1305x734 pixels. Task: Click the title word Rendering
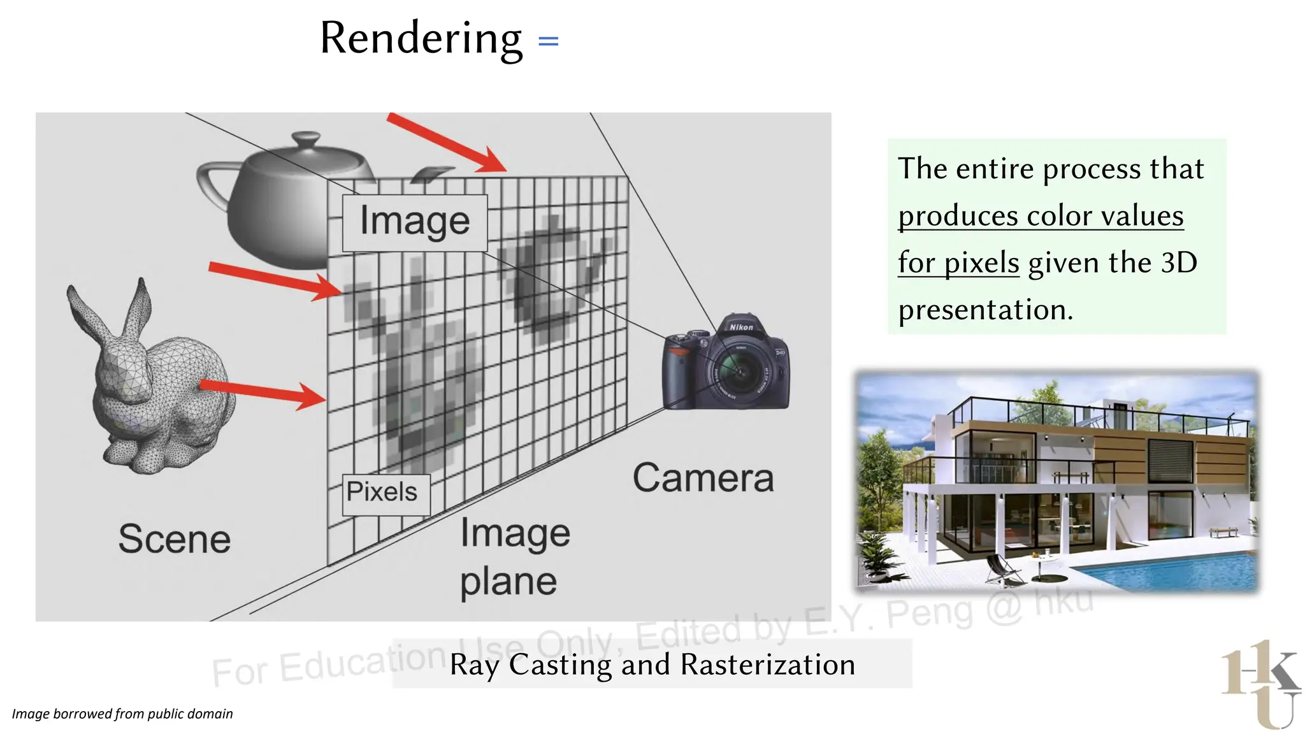tap(421, 38)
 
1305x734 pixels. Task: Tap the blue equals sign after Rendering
tap(548, 41)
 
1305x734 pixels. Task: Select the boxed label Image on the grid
tap(415, 222)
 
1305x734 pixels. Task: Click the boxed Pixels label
tap(386, 493)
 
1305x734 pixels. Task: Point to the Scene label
tap(174, 539)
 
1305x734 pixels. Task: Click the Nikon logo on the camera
tap(741, 327)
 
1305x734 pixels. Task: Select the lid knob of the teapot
tap(306, 138)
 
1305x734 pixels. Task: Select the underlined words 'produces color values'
tap(1041, 215)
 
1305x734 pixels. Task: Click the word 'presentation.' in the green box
tap(986, 310)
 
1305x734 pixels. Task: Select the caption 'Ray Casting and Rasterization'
tap(652, 665)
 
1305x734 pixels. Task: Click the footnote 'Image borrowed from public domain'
tap(122, 714)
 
